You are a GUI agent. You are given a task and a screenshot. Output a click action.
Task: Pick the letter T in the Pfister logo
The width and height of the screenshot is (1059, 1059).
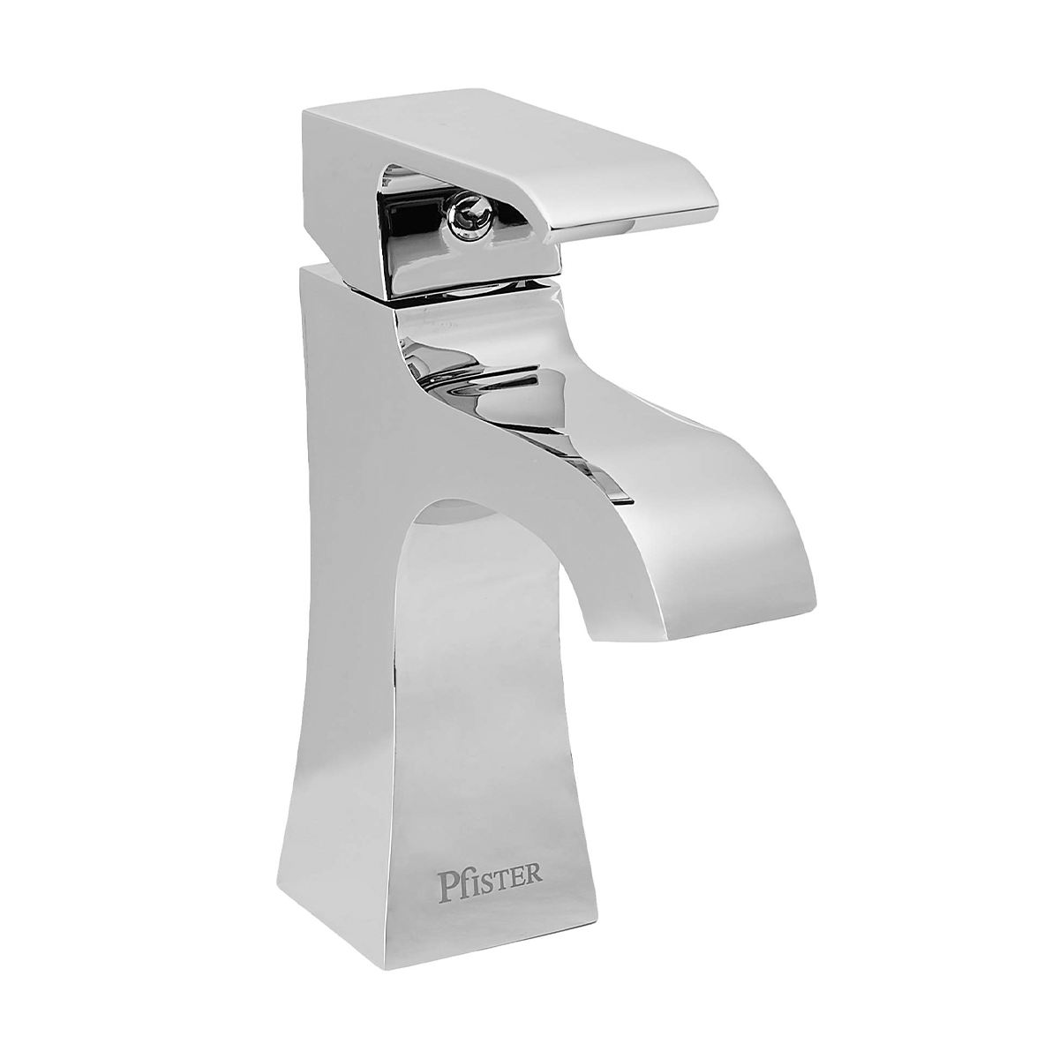[x=504, y=874]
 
